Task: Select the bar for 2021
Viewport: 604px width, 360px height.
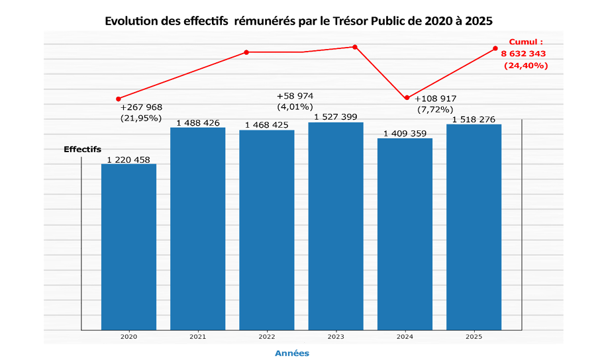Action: coord(197,228)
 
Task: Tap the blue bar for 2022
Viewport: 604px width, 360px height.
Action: coord(266,230)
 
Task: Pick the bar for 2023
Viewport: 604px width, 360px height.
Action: coord(335,226)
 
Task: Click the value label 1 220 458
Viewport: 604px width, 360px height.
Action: coord(128,159)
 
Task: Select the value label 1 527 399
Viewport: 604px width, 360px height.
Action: coord(335,117)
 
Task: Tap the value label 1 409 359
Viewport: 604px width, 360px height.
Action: coord(405,133)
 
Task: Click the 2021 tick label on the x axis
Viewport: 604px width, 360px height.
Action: coord(197,337)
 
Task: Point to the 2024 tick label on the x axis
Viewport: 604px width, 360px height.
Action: coord(405,337)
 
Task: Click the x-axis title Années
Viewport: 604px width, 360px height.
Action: coord(292,353)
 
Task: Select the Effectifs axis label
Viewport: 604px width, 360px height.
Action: coord(82,150)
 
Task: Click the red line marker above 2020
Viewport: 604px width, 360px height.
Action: coord(119,99)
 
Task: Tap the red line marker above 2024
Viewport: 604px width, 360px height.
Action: coord(407,98)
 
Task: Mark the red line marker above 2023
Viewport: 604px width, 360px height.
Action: coord(355,47)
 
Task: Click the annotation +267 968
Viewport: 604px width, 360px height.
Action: coord(141,107)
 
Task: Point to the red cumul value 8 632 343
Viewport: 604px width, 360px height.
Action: coord(526,54)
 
